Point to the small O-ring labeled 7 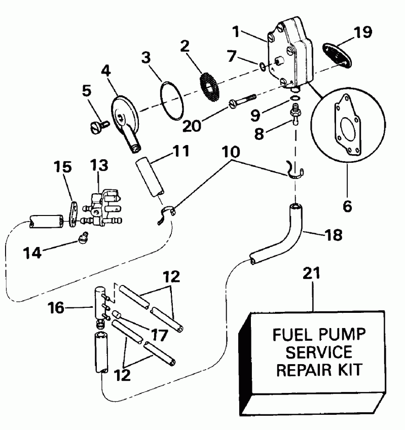pyautogui.click(x=261, y=66)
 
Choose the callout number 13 pyautogui.click(x=100, y=165)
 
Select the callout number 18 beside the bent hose pyautogui.click(x=332, y=235)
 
